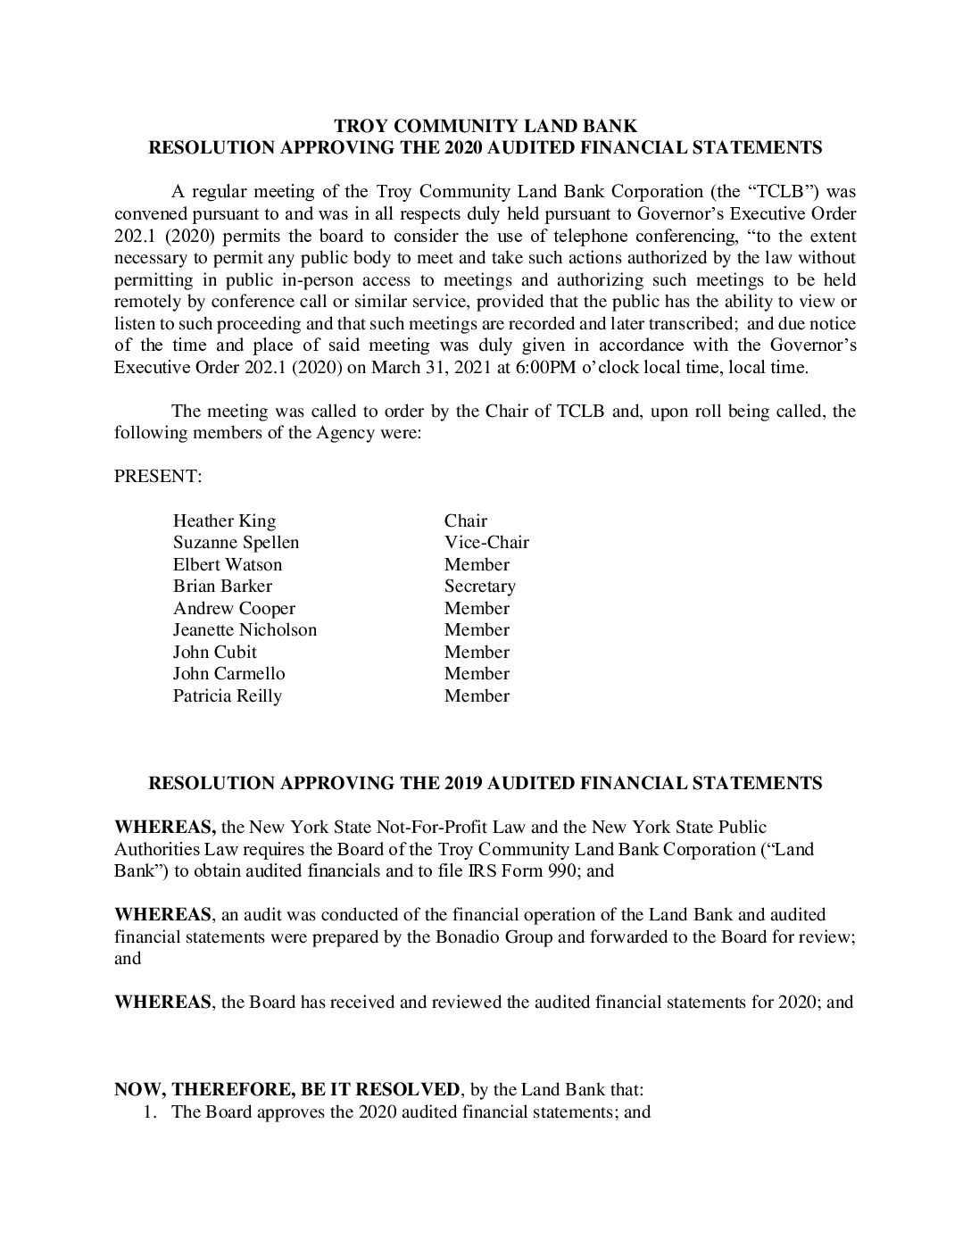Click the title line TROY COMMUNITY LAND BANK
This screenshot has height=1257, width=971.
tap(485, 126)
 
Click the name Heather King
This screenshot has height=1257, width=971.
tap(224, 521)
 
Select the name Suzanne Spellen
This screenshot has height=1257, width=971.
tap(236, 543)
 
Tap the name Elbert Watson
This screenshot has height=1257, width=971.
tap(227, 565)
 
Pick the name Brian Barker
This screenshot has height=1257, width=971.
tap(222, 587)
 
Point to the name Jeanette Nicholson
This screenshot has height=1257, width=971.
tap(245, 630)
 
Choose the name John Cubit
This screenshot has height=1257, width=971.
tap(214, 653)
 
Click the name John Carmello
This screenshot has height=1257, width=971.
tap(228, 674)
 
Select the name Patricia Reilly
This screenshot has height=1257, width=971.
tap(227, 696)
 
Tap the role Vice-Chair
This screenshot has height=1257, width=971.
tap(486, 543)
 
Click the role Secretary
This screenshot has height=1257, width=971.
tap(479, 587)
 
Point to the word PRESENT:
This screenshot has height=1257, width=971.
tap(158, 477)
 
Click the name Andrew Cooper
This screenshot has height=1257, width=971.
tap(234, 609)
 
